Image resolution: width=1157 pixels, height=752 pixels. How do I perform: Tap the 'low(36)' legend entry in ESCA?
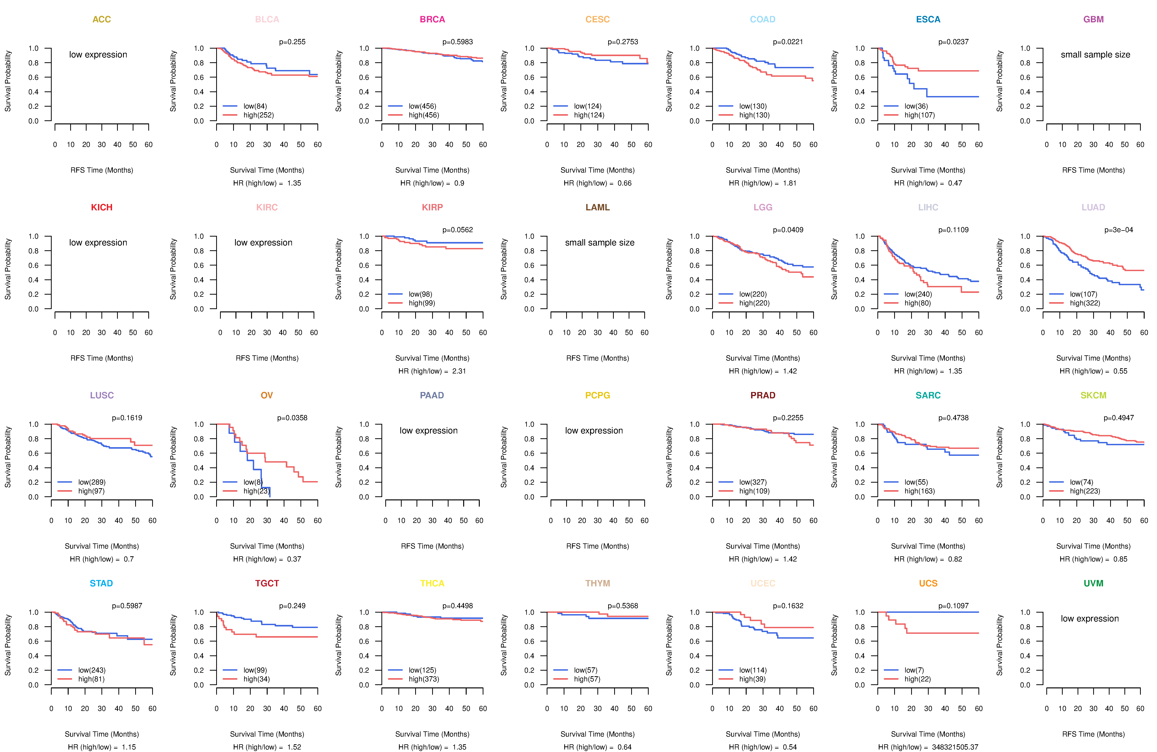click(916, 106)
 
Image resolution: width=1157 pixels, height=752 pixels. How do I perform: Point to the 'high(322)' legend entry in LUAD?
click(1084, 303)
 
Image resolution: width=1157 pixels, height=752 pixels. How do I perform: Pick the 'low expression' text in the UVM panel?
click(1090, 619)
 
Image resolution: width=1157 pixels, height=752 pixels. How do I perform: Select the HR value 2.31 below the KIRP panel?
click(459, 371)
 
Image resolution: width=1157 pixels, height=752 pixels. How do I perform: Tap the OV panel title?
click(267, 395)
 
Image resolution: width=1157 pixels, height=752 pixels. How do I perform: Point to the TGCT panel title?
click(267, 583)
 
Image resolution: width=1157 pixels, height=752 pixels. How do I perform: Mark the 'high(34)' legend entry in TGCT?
click(256, 679)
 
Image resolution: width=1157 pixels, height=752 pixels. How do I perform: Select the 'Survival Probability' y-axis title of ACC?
click(8, 81)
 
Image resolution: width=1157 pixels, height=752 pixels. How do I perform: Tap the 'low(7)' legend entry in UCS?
click(914, 670)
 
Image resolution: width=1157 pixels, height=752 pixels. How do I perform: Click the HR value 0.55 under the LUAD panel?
click(1120, 371)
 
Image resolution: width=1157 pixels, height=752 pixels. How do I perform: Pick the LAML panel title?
click(597, 207)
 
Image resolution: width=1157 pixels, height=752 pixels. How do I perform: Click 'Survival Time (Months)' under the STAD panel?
click(102, 734)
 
